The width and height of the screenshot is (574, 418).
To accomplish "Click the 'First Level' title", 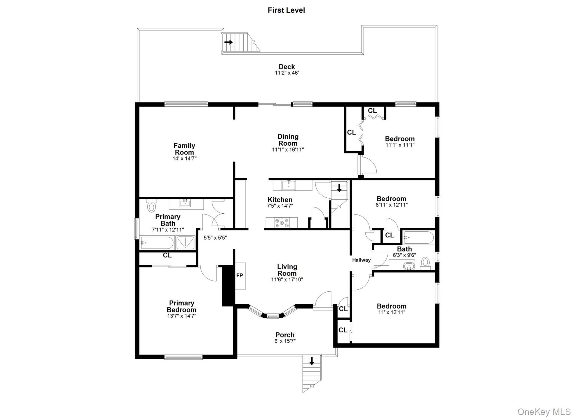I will (286, 10).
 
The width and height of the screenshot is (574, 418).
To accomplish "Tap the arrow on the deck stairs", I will (228, 42).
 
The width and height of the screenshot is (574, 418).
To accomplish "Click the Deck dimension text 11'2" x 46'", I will (286, 73).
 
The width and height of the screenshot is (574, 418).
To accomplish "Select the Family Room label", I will (184, 149).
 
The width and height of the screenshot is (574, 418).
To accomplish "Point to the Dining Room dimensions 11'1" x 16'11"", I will (288, 150).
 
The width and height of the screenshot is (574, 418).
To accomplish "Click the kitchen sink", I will (288, 185).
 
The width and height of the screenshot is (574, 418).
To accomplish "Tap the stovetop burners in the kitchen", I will (282, 223).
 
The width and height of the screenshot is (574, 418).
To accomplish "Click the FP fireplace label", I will (239, 276).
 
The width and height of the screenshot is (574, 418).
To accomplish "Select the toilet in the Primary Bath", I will (151, 206).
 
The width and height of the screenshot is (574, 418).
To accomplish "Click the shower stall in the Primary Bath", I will (185, 243).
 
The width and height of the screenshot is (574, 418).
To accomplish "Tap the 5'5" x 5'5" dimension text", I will (215, 238).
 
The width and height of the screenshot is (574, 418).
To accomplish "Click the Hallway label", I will (361, 260).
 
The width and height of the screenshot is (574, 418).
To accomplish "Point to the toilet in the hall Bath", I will (425, 262).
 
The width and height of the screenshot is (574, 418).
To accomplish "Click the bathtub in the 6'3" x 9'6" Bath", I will (419, 237).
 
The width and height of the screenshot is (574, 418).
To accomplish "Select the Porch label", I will (285, 335).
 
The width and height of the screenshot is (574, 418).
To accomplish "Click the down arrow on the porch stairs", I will (311, 361).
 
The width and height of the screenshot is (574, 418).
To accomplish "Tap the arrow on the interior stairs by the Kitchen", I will (339, 188).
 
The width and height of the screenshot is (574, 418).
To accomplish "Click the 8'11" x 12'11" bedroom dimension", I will (391, 205).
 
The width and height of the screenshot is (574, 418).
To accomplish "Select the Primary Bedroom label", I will (181, 306).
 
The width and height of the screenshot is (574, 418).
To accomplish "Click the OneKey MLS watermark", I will (544, 412).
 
